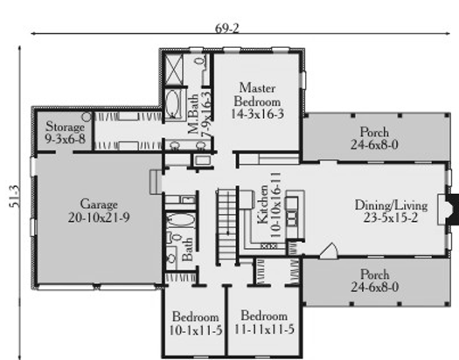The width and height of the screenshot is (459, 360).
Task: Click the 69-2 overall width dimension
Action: (x=227, y=28)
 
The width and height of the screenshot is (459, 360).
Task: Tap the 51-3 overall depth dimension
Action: (x=15, y=197)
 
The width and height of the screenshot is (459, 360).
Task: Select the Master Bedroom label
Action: (x=257, y=94)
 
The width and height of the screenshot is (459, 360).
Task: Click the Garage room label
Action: (x=99, y=204)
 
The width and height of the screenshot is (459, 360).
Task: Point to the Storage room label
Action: (x=65, y=127)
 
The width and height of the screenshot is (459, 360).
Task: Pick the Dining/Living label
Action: (x=391, y=205)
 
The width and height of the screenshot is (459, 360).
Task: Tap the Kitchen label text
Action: (x=262, y=204)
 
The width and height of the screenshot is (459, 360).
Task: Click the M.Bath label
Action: (x=193, y=114)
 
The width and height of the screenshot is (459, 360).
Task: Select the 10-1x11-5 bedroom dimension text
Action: (x=196, y=330)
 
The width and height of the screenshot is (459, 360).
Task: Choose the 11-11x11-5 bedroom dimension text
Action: (x=264, y=329)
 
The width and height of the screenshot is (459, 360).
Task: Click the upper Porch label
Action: (x=374, y=132)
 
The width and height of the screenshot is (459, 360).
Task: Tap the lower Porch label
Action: (x=375, y=274)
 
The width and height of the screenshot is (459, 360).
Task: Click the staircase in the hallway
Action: (x=226, y=225)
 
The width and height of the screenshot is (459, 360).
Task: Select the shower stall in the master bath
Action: (x=174, y=70)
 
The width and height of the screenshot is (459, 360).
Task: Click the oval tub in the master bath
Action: (x=172, y=104)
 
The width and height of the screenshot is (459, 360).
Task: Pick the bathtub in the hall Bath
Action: (x=182, y=219)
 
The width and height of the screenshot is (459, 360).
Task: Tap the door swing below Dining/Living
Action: (x=329, y=251)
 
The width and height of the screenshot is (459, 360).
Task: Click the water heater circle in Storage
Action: (x=86, y=117)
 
